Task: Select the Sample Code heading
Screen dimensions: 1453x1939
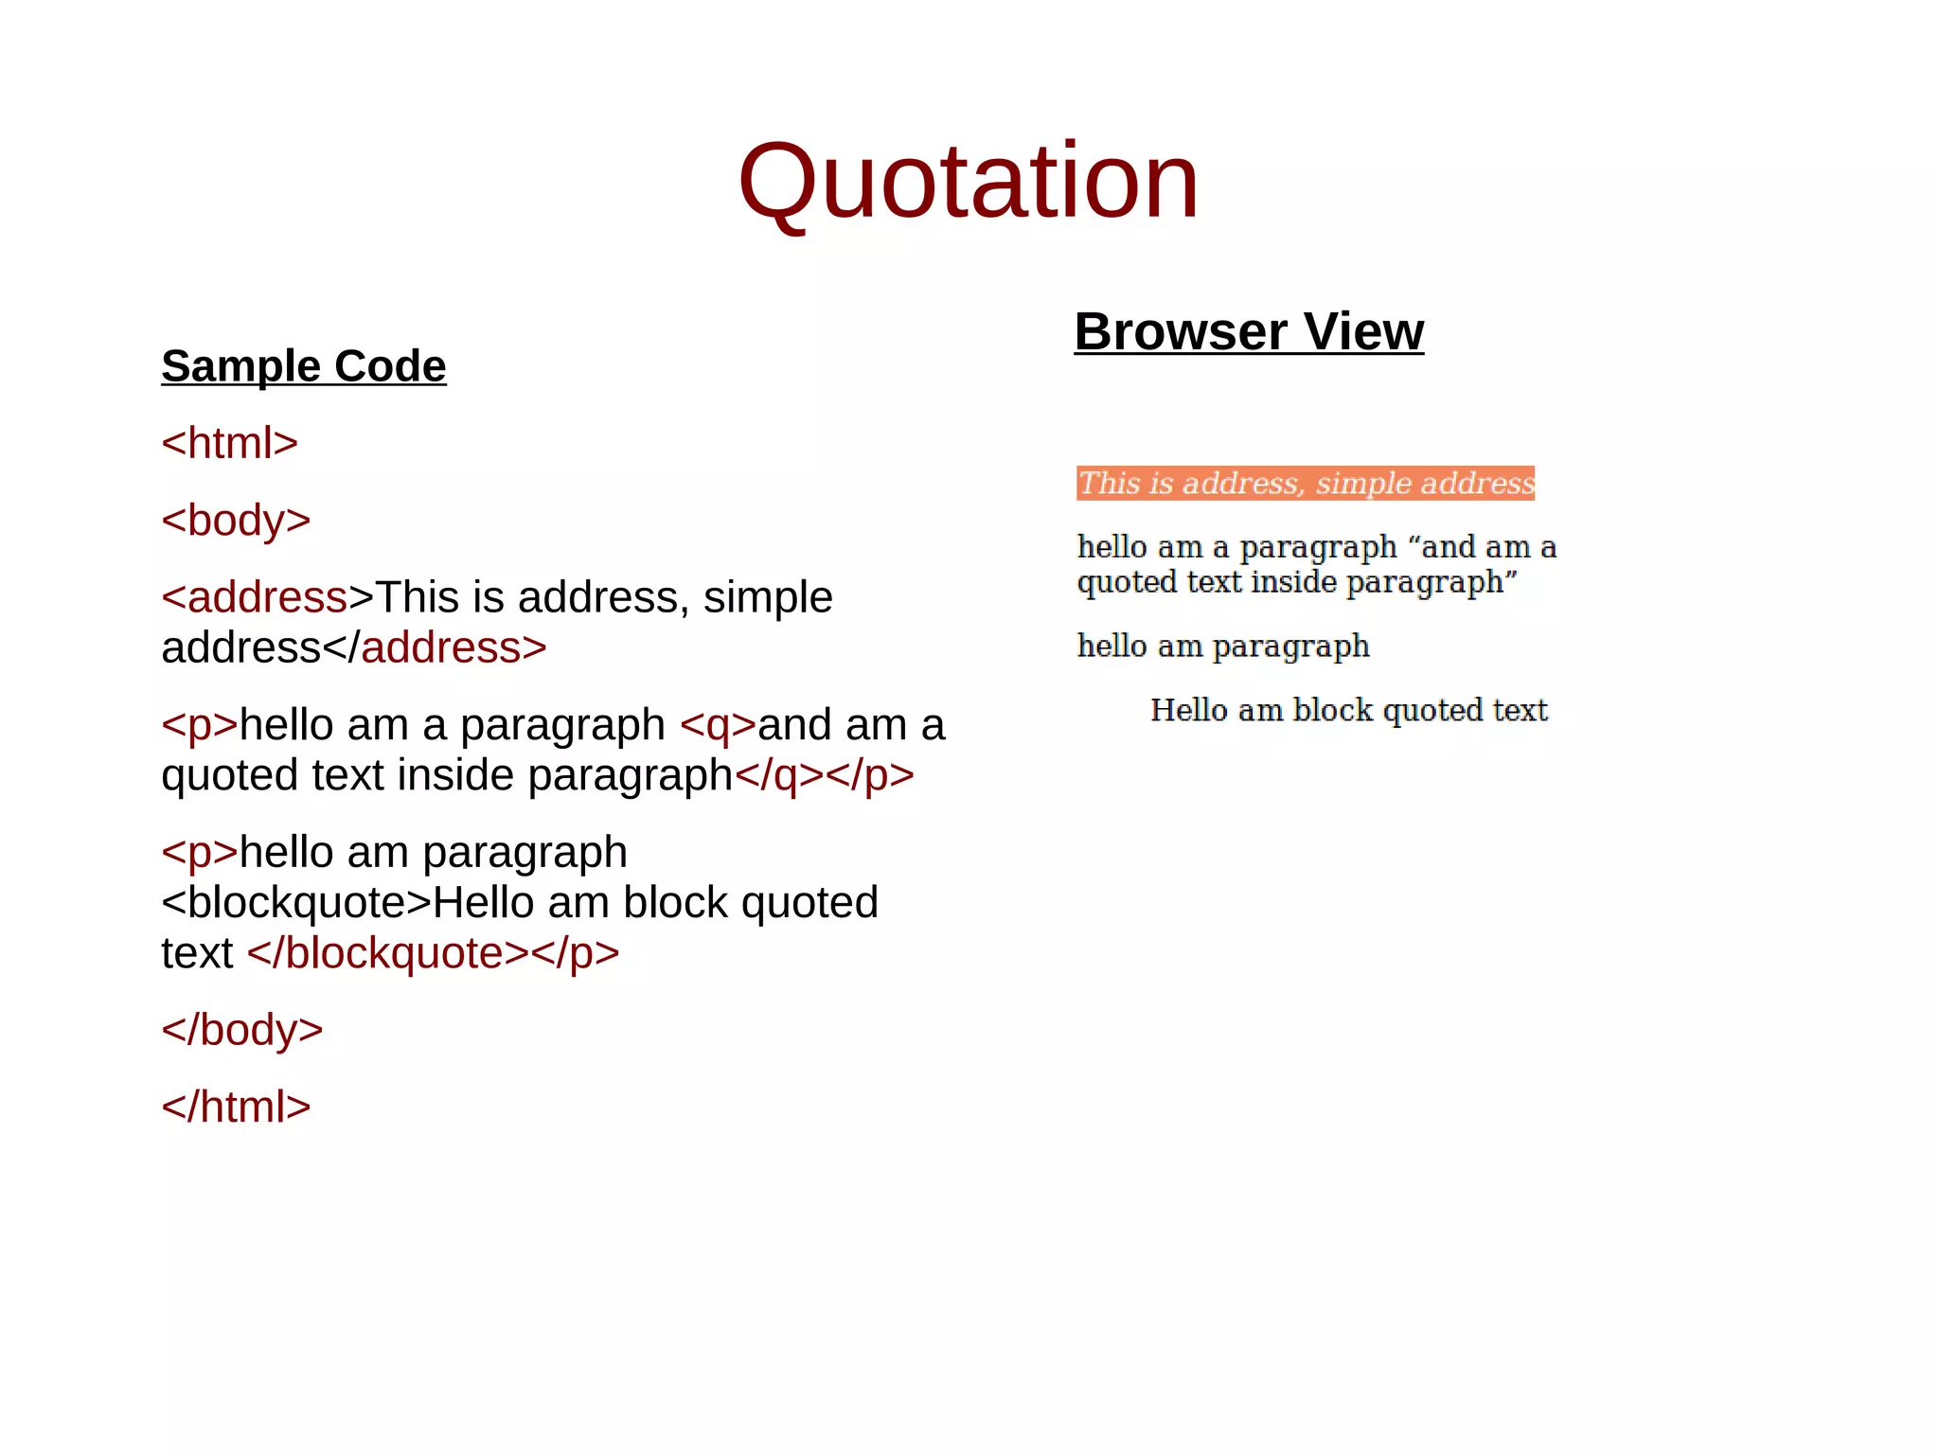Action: pyautogui.click(x=303, y=365)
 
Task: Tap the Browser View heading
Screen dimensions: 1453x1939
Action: pyautogui.click(x=1248, y=331)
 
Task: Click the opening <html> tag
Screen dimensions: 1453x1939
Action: pyautogui.click(x=229, y=443)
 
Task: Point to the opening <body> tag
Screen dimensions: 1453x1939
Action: pyautogui.click(x=236, y=520)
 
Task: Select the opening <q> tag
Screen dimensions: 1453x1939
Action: pyautogui.click(x=718, y=725)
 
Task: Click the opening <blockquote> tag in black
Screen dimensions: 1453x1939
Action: pyautogui.click(x=295, y=902)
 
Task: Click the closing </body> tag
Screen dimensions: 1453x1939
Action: pyautogui.click(x=242, y=1030)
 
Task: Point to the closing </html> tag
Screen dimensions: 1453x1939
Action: pyautogui.click(x=236, y=1107)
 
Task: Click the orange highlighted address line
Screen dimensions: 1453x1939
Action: pyautogui.click(x=1305, y=483)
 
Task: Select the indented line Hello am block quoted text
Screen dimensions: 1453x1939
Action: pyautogui.click(x=1348, y=710)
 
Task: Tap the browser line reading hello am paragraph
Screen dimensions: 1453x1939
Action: pyautogui.click(x=1223, y=646)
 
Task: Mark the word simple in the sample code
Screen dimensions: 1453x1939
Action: pyautogui.click(x=768, y=597)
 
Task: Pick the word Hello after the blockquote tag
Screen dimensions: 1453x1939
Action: pyautogui.click(x=484, y=902)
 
